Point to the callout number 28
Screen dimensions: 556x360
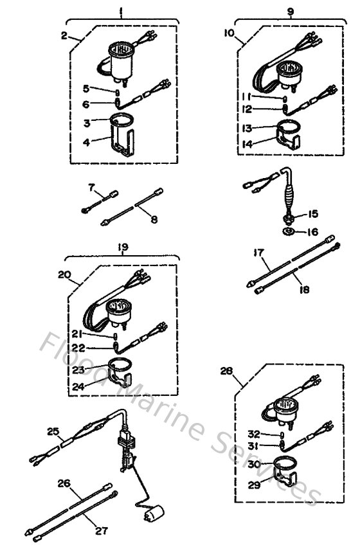click(227, 371)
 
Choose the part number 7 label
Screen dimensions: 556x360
click(91, 187)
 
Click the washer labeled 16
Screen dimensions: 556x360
click(288, 231)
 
